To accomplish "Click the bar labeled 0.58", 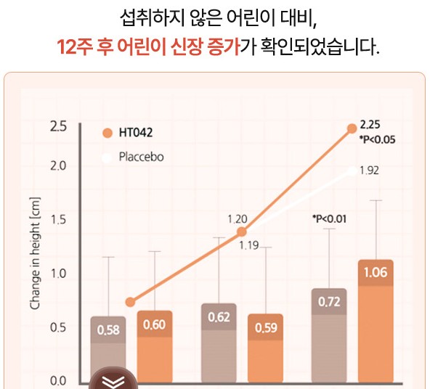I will [108, 348].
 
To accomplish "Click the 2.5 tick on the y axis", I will [58, 127].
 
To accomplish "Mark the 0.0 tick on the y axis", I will [58, 381].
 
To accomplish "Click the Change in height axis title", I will [34, 253].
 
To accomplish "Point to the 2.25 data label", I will [371, 125].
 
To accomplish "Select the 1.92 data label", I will [370, 171].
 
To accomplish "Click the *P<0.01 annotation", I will [329, 218].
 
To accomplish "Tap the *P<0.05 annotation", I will [377, 139].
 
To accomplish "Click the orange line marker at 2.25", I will [352, 128].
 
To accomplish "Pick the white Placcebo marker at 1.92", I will [352, 171].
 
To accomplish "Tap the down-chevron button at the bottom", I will [113, 382].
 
